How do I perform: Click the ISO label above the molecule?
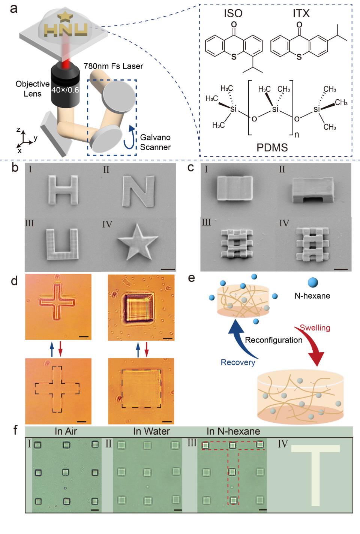(x=233, y=14)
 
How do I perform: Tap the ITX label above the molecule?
(x=301, y=14)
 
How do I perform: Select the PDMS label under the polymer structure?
(x=272, y=147)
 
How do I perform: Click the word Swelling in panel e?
(x=315, y=328)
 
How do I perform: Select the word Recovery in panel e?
(x=238, y=362)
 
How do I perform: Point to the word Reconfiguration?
(x=273, y=340)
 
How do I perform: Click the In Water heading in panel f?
(x=151, y=431)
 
